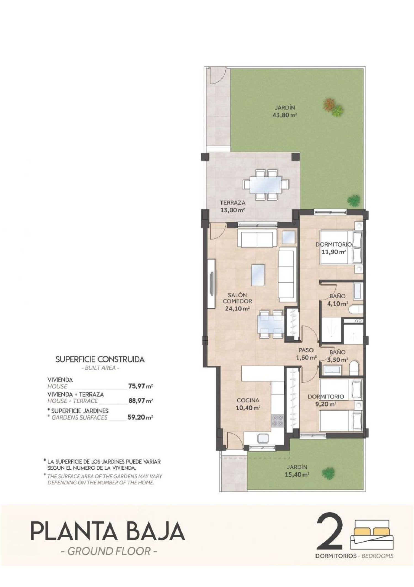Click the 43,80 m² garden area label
285,115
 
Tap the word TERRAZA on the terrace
232,202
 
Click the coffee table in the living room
258,275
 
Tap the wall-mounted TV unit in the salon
211,283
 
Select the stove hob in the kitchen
277,420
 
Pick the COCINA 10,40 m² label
248,404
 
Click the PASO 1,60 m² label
306,354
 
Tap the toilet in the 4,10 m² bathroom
356,309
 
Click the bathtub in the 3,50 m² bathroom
332,370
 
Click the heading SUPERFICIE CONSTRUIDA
100,359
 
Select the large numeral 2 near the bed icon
330,535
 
